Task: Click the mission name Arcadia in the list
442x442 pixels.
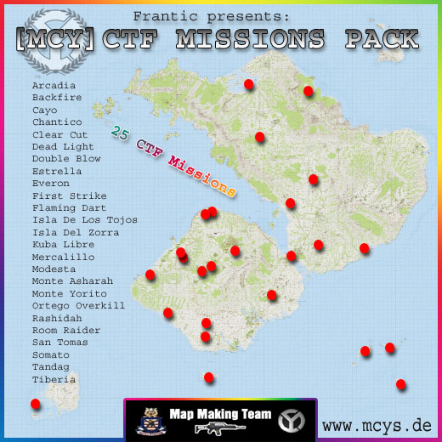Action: [54, 85]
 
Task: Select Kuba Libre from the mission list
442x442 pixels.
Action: [63, 245]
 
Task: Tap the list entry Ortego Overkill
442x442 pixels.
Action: [78, 306]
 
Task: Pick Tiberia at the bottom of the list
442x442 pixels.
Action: [54, 379]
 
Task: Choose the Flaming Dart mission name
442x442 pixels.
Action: [70, 207]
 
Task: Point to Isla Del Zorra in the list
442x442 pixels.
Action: [76, 232]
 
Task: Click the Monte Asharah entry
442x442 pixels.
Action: [72, 281]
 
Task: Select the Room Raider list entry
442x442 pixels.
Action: [66, 330]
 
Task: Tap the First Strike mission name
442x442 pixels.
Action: [70, 195]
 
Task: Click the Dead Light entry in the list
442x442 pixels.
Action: [63, 146]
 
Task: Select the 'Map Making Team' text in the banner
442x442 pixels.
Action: [220, 414]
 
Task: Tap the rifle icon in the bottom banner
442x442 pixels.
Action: [218, 428]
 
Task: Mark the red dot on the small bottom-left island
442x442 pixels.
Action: [35, 405]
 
